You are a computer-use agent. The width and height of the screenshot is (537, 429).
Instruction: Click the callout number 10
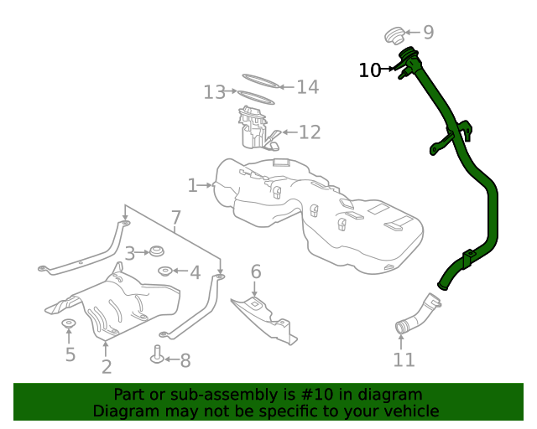point(369,70)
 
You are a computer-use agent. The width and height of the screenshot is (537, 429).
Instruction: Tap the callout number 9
point(428,33)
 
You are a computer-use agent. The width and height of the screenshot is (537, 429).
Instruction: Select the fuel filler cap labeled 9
point(394,35)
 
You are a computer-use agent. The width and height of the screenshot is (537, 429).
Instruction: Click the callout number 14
point(307,86)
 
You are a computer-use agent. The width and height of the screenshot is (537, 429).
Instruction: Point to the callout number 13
point(215,91)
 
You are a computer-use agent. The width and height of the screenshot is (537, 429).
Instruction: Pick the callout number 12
point(310,132)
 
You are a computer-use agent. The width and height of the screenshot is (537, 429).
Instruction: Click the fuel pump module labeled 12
point(255,128)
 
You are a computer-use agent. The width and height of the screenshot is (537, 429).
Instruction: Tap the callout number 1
point(192,185)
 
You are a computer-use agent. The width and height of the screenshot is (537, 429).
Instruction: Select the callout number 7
point(176,220)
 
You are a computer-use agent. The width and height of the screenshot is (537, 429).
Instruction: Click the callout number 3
point(130,252)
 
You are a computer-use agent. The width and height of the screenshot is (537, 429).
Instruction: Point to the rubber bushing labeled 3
point(154,251)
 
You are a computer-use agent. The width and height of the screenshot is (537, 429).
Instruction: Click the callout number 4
point(195,272)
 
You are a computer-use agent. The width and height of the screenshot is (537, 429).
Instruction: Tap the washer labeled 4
point(166,271)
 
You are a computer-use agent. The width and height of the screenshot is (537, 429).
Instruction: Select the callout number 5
point(70,354)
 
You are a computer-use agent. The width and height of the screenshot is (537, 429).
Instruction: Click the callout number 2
point(107,366)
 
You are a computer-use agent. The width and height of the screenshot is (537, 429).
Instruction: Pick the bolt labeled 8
point(156,356)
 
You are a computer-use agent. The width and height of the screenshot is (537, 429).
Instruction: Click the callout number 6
point(256,271)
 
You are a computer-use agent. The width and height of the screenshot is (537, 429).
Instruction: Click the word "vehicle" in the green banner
point(408,411)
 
